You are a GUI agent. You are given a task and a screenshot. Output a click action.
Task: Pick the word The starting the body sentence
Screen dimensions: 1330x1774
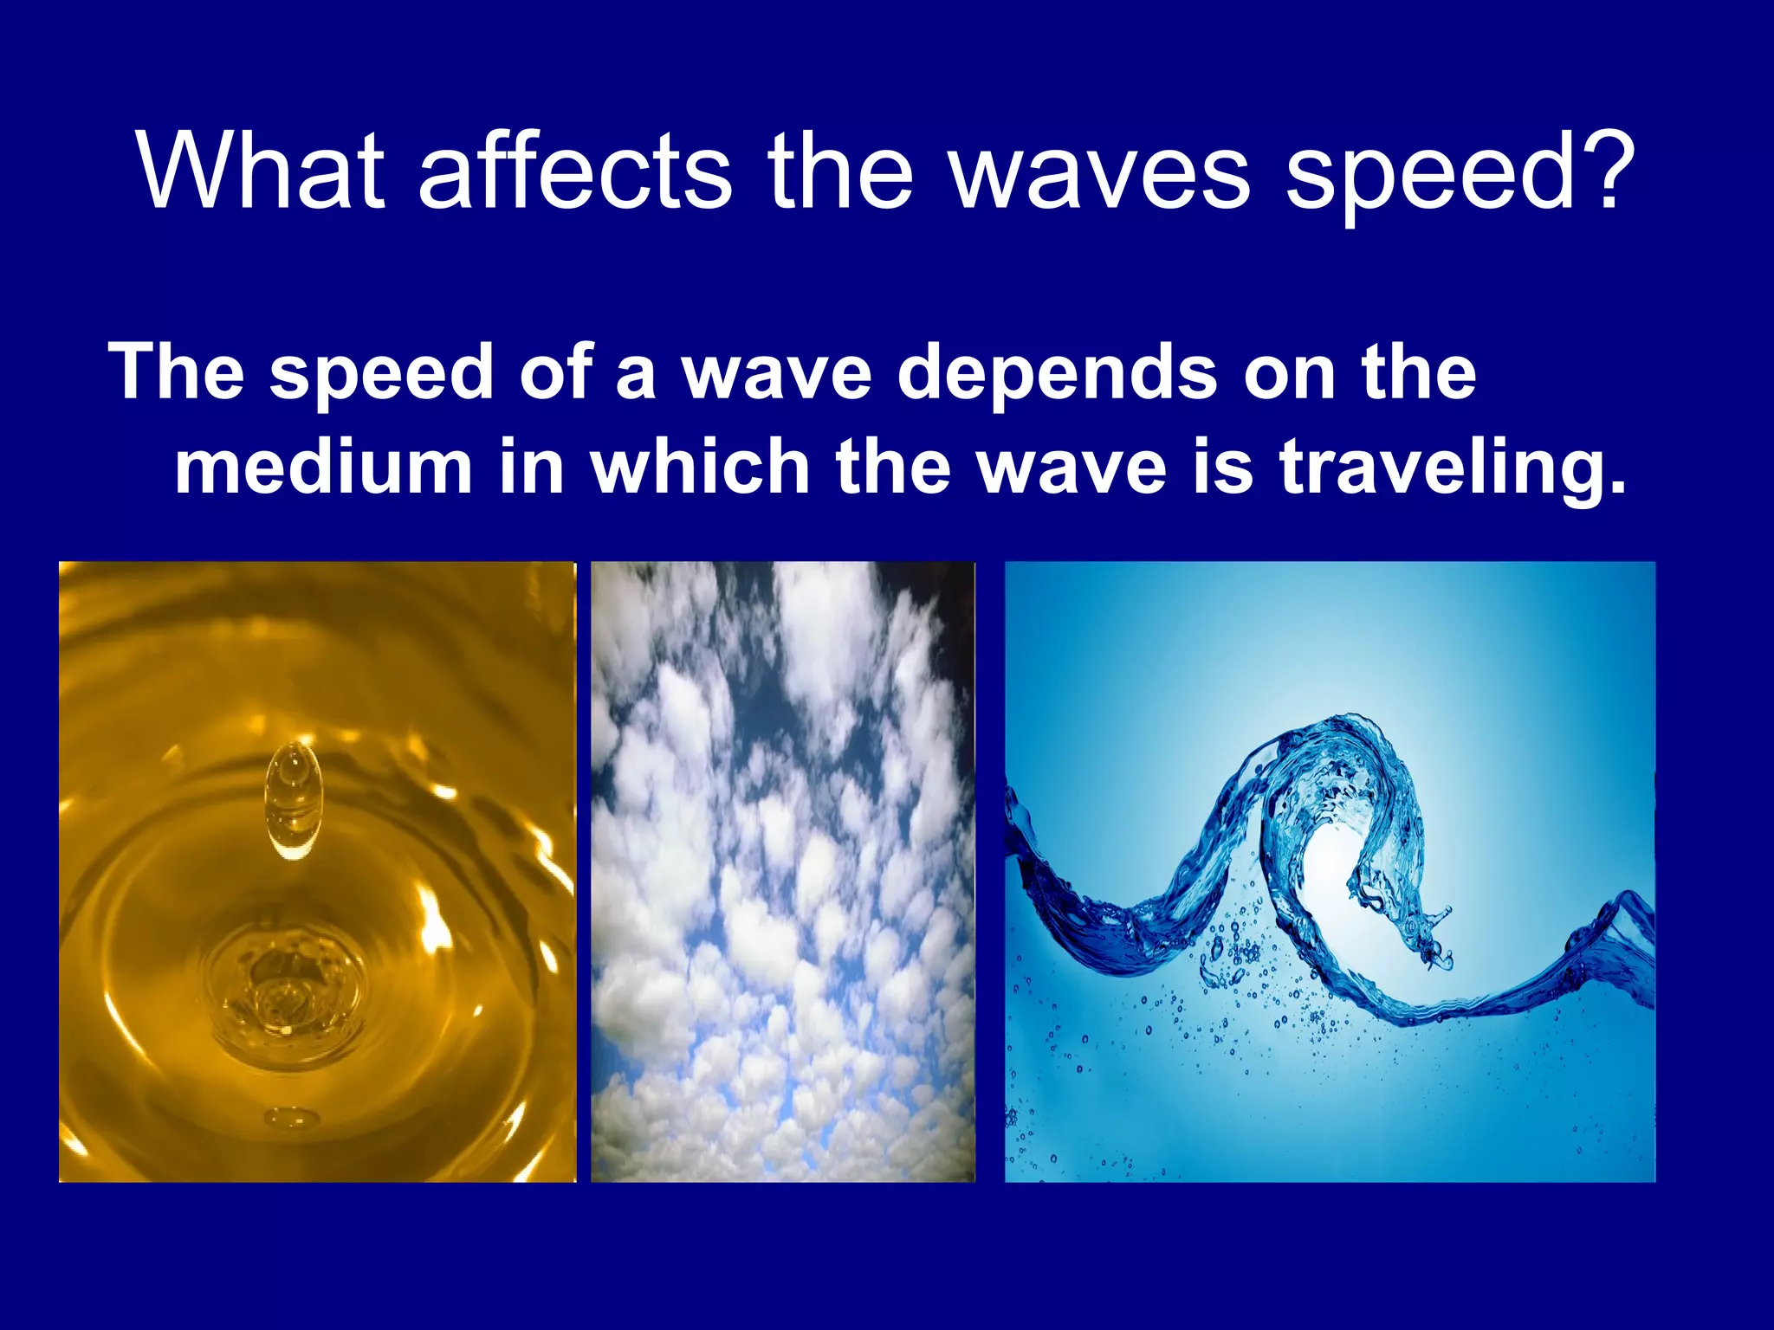pyautogui.click(x=177, y=372)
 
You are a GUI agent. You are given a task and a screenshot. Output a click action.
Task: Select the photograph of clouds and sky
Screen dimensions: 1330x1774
pyautogui.click(x=782, y=871)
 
